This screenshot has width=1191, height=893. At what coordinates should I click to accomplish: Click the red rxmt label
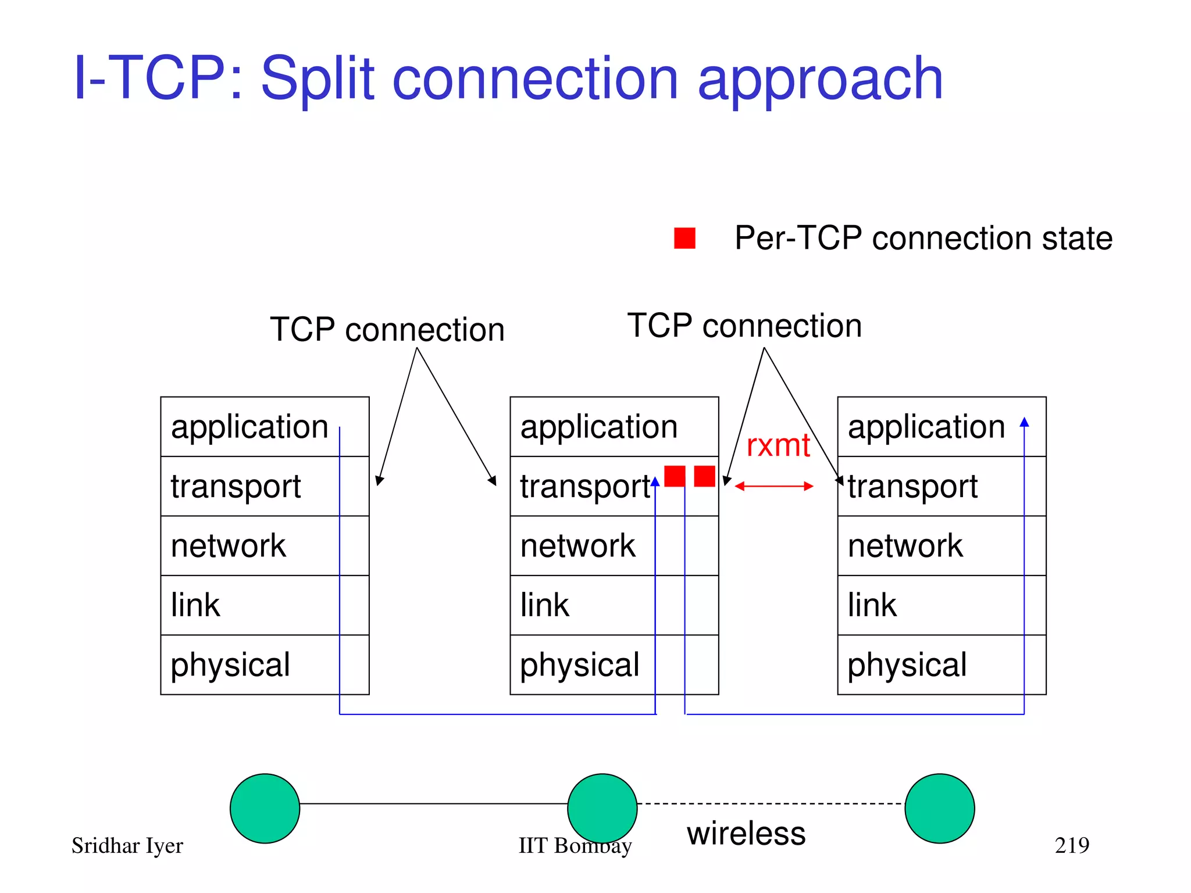(778, 446)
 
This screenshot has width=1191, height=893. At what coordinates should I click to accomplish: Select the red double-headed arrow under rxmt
(773, 486)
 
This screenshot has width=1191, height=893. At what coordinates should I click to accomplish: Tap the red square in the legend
(684, 238)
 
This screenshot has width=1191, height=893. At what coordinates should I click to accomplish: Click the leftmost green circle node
(265, 808)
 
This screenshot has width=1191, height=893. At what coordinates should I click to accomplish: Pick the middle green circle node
(602, 808)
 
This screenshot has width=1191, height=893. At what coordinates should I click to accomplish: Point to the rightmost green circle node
(939, 808)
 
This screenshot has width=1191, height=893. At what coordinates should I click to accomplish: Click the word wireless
(746, 833)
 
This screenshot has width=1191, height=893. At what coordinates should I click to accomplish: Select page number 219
(1071, 845)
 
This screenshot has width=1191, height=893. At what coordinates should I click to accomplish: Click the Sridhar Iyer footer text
(127, 845)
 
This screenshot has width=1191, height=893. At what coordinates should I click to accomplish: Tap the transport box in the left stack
(265, 486)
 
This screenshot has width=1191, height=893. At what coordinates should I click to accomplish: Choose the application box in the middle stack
(614, 427)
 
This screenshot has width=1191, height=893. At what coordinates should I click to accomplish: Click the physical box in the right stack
(941, 665)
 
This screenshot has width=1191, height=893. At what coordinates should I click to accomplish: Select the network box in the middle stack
(614, 545)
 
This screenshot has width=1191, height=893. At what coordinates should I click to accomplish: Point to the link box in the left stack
(265, 605)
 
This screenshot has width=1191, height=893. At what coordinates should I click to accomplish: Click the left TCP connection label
(387, 330)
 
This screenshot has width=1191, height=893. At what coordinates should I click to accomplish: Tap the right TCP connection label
(744, 326)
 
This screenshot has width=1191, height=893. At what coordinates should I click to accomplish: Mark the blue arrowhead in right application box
(1024, 422)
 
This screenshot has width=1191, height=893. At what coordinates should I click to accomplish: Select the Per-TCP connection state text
(923, 238)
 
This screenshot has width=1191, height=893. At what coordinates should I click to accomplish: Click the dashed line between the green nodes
(771, 803)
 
